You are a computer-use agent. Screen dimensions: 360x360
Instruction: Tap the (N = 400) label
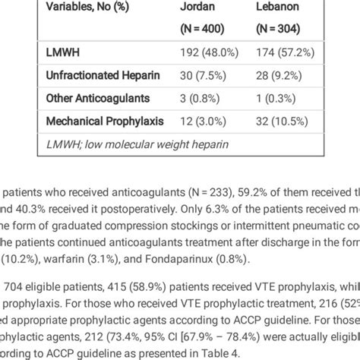(x=201, y=28)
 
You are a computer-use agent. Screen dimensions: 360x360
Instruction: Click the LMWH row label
(x=63, y=55)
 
